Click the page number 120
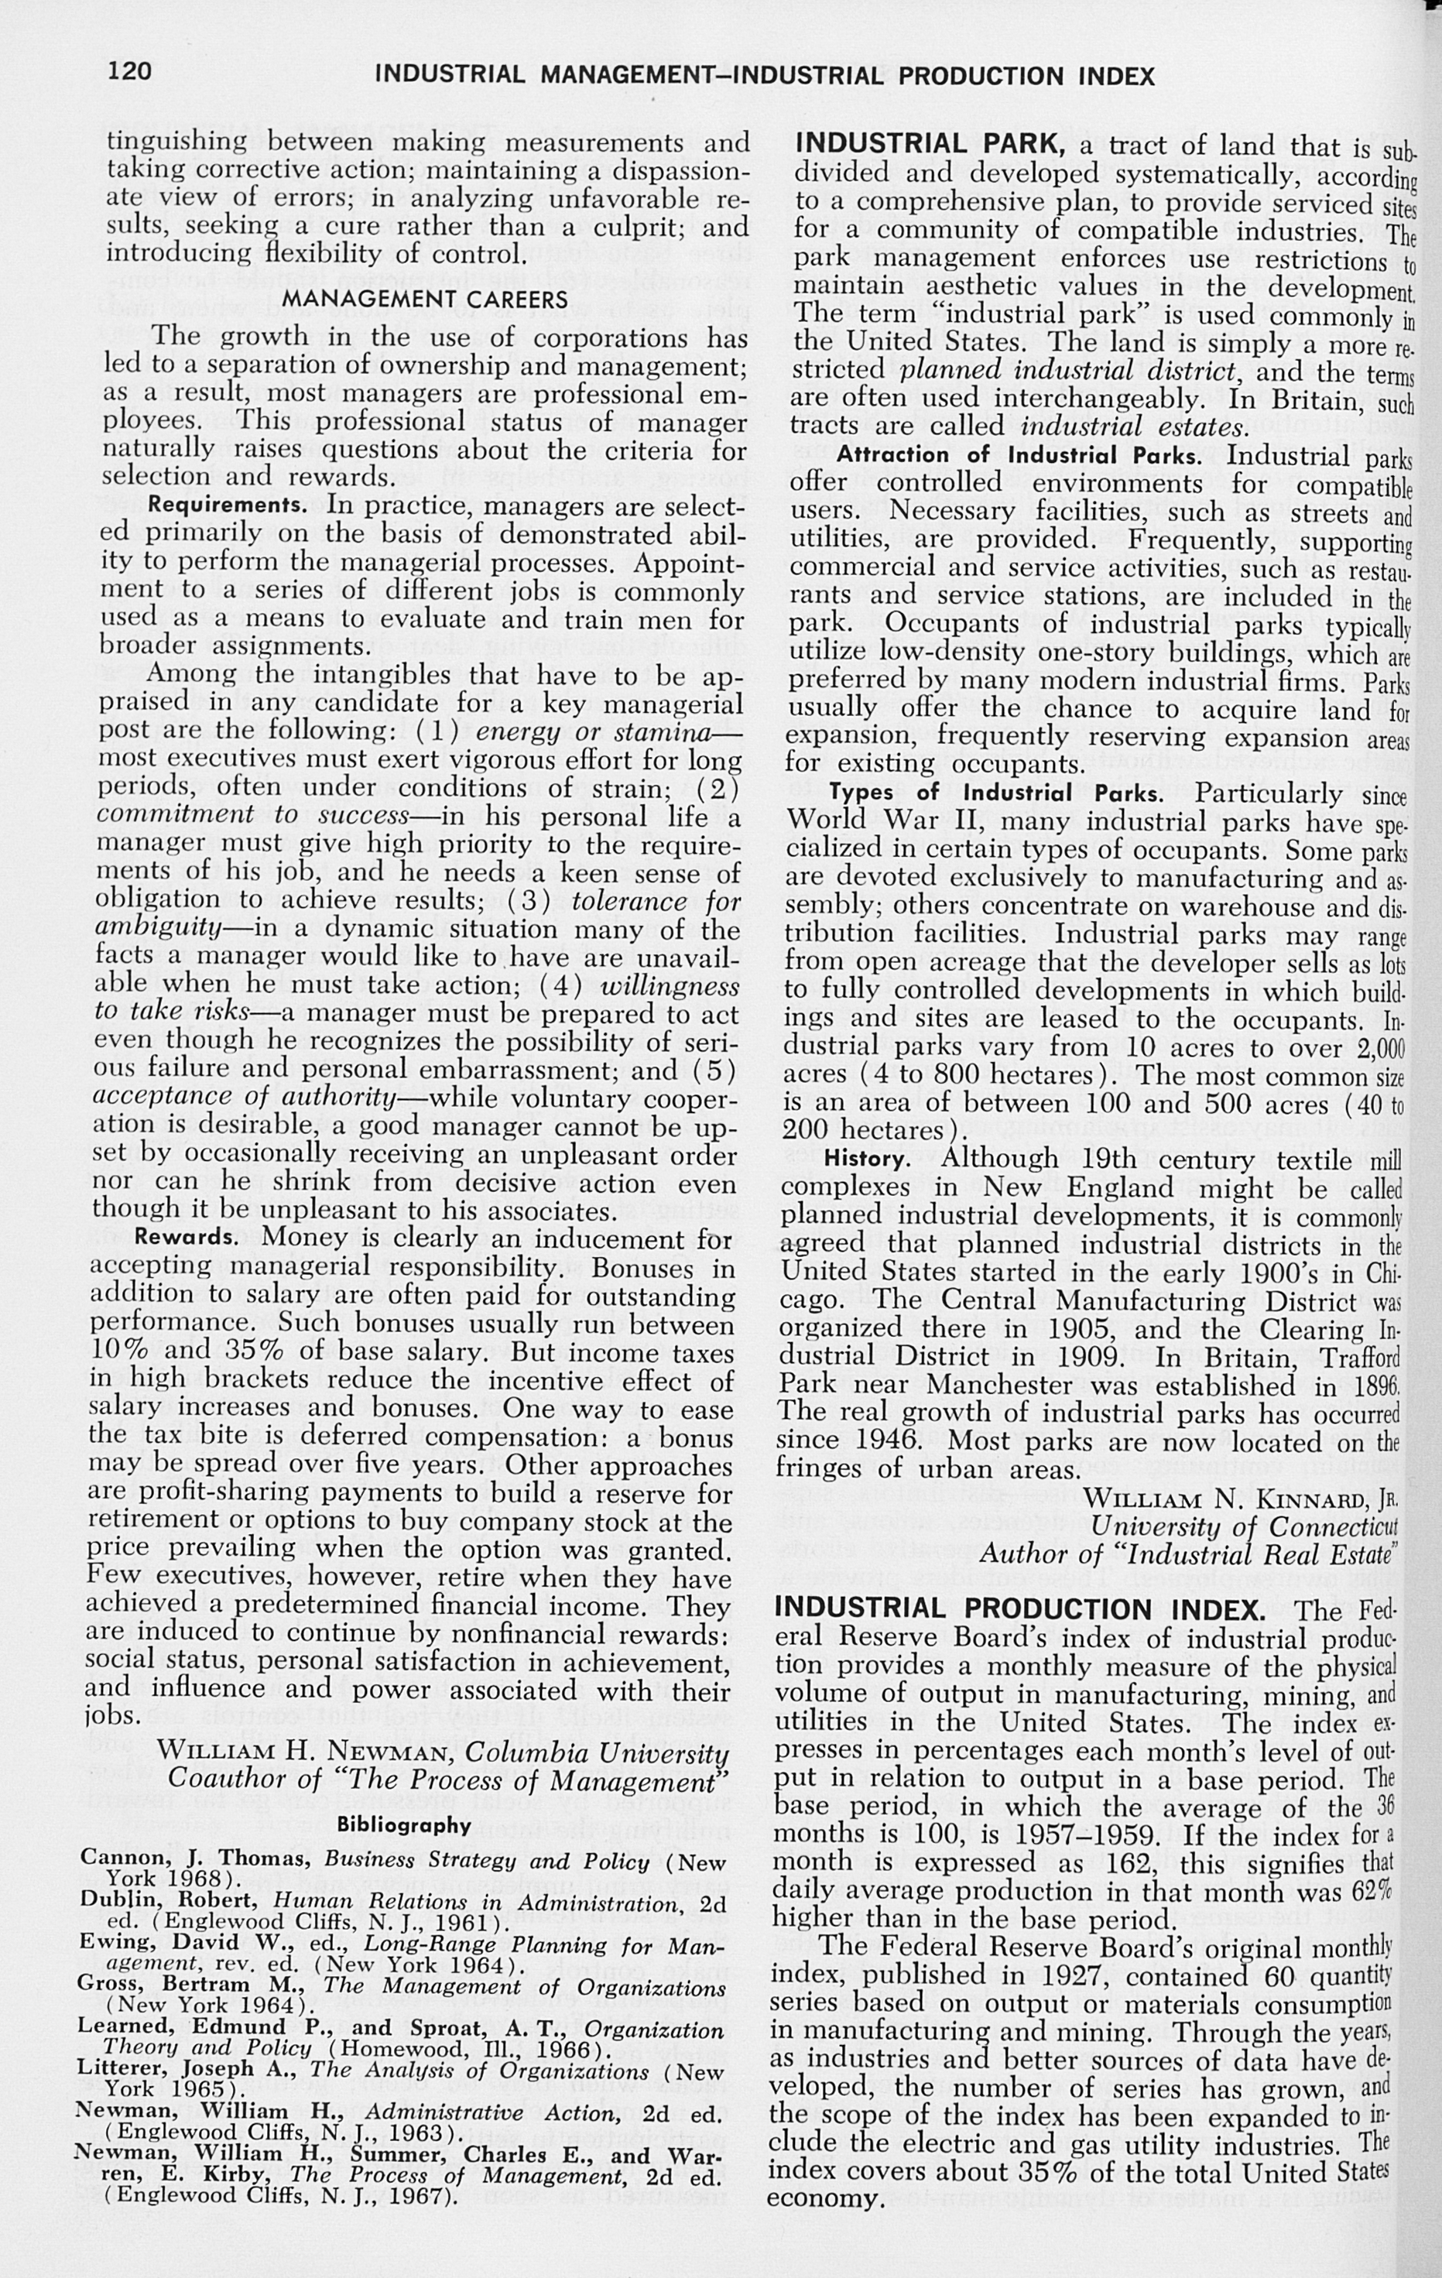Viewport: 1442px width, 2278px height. (x=129, y=71)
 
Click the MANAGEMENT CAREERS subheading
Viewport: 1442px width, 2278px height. (x=426, y=300)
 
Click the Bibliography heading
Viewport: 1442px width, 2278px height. (x=404, y=1825)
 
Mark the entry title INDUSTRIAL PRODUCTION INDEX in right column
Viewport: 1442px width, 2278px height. (x=1029, y=1609)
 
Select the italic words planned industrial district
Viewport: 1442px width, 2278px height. (x=1067, y=371)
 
